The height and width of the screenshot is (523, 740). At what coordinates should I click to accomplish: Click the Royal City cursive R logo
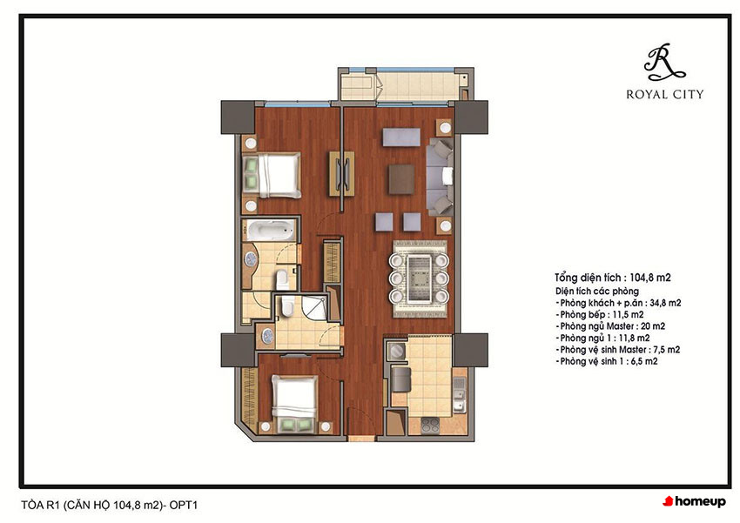664,62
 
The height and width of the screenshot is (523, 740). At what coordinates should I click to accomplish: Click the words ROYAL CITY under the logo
664,94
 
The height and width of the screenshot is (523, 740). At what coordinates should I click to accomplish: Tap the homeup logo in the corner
694,501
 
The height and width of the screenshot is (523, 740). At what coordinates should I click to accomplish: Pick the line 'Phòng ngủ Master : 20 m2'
610,325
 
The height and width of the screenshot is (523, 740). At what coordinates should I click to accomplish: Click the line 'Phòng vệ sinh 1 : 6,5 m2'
607,361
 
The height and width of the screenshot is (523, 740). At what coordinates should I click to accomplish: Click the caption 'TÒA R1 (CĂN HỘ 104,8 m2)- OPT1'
110,505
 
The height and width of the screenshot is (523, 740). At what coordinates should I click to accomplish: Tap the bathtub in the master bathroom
268,231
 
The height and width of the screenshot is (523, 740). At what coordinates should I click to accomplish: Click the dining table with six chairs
419,278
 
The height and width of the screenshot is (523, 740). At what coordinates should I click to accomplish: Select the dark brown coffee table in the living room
401,178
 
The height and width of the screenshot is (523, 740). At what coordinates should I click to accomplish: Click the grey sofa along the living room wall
440,177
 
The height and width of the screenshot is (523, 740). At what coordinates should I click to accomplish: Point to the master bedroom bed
272,175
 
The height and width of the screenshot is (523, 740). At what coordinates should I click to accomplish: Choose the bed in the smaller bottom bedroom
294,404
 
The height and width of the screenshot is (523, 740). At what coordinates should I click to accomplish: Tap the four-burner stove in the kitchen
429,426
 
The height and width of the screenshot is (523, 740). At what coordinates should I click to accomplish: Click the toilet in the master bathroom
282,279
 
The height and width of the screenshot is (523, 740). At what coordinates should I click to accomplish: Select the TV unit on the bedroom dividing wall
341,173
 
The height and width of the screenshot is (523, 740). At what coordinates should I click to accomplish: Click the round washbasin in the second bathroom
267,335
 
